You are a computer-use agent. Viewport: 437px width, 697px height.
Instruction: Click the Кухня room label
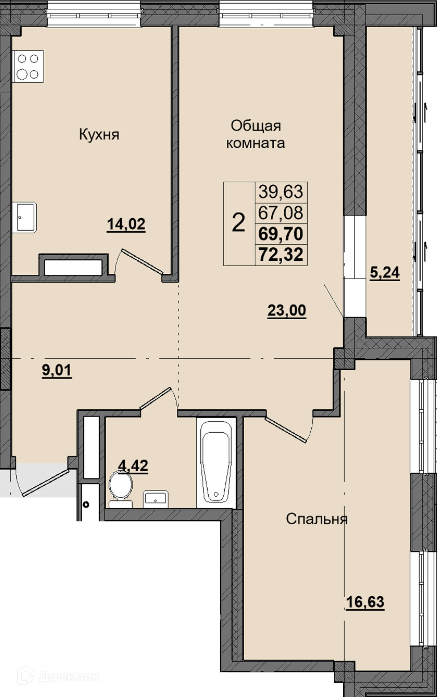pos(99,135)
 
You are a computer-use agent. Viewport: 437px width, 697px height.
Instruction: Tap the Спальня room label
pos(317,519)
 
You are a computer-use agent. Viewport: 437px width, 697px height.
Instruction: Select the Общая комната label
pos(256,135)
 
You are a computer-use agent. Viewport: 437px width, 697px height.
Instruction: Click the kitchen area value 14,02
pos(126,224)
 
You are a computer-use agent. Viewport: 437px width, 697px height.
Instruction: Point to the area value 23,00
pos(287,311)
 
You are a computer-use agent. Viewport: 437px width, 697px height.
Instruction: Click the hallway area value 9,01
pos(57,371)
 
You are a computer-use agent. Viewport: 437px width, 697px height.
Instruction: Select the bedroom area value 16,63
pos(365,602)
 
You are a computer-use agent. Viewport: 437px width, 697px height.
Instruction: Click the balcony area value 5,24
pos(384,272)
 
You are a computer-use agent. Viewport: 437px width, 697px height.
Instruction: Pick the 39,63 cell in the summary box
pos(281,191)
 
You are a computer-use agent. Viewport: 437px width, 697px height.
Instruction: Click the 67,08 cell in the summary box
pos(281,213)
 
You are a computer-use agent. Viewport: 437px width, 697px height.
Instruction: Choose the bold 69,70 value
pos(281,234)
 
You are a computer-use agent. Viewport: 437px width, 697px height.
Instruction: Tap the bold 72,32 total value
pos(281,255)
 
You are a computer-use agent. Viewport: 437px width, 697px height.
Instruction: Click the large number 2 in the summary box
pos(238,223)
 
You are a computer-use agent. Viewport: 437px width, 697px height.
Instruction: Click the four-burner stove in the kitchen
pos(28,66)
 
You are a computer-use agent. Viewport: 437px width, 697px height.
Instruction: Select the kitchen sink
pos(24,218)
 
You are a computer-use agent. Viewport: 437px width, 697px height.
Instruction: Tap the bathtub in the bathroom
pos(216,463)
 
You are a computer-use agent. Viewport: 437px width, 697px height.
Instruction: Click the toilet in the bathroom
pos(120,489)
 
